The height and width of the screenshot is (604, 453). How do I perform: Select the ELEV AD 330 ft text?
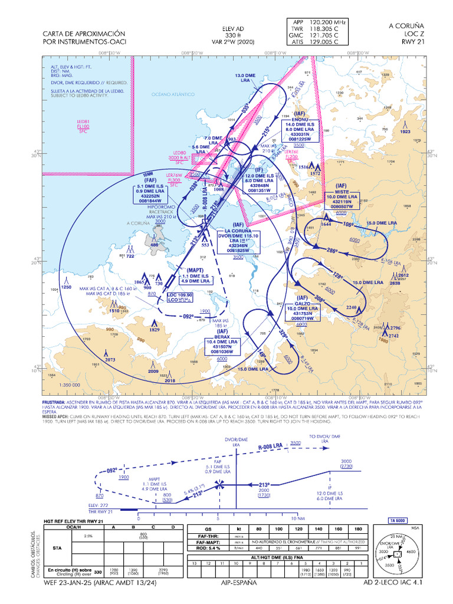(232, 35)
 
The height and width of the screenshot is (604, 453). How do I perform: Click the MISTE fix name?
(342, 191)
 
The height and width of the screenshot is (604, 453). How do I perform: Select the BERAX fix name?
(222, 336)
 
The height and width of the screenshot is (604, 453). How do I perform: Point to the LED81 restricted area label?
(83, 121)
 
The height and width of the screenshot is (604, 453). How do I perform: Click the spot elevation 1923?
(404, 132)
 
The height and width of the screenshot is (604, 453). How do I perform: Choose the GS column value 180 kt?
(359, 529)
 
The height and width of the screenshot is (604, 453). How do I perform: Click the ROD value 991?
(359, 548)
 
